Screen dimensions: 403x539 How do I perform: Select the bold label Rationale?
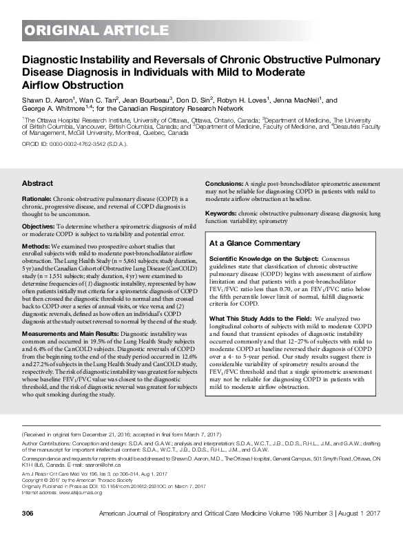click(41, 200)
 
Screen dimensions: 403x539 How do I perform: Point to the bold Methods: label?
click(39, 245)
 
